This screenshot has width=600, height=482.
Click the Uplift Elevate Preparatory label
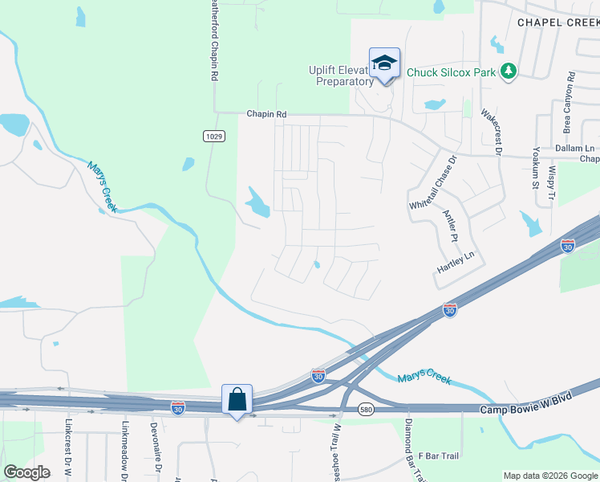[x=340, y=76]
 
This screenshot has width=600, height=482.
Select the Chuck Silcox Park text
[x=450, y=72]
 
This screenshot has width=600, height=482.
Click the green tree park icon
[x=508, y=71]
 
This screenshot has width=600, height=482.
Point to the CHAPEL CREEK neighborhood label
[x=558, y=22]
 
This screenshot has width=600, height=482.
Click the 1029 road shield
[x=213, y=136]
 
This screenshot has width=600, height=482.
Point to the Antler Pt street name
[x=451, y=226]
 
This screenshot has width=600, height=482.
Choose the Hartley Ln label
[x=456, y=256]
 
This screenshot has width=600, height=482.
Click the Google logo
[x=26, y=472]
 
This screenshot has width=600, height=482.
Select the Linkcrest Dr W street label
[x=70, y=450]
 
